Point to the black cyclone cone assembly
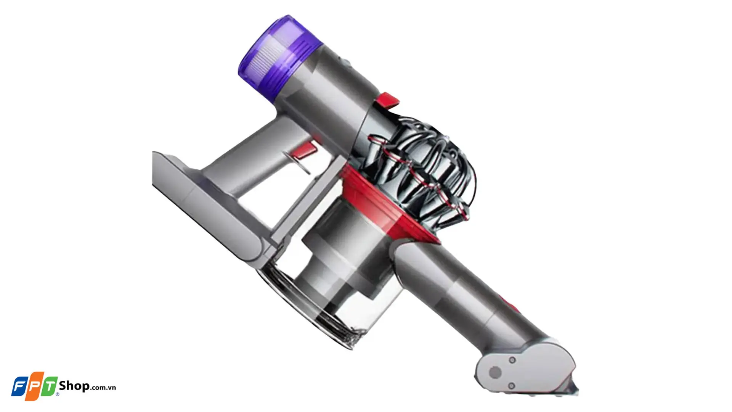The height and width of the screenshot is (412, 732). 423,172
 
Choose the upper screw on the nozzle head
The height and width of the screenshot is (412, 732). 512,360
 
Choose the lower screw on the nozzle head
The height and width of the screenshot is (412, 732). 512,386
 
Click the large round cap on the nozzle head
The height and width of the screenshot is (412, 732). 495,372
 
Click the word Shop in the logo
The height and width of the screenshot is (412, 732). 74,386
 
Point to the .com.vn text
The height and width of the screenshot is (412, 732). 103,387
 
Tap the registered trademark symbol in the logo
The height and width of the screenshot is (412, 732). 57,394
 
